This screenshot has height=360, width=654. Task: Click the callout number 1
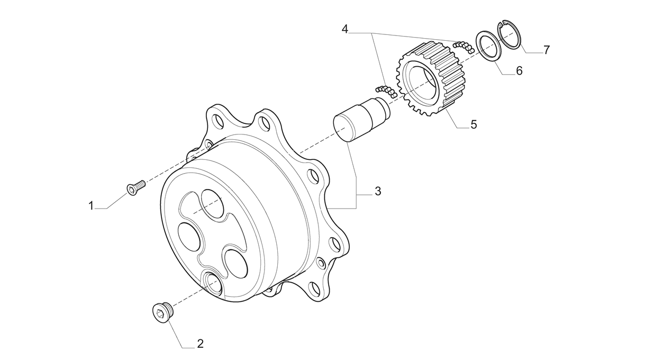pos(91,206)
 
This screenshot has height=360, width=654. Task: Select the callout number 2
pos(200,344)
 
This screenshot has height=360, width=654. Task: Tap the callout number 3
pos(378,192)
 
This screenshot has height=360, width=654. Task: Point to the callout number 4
pos(345,29)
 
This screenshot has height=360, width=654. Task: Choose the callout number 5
pos(474,124)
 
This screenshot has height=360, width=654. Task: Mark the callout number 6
pos(519,71)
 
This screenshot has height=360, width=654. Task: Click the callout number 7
pos(547,50)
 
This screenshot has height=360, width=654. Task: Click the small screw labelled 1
pos(136,187)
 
